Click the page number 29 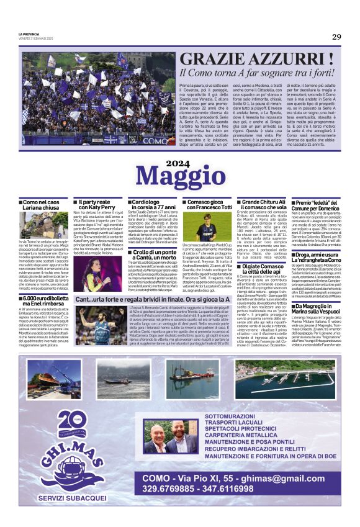point(336,37)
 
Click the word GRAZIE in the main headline point(216,60)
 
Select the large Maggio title point(180,175)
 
